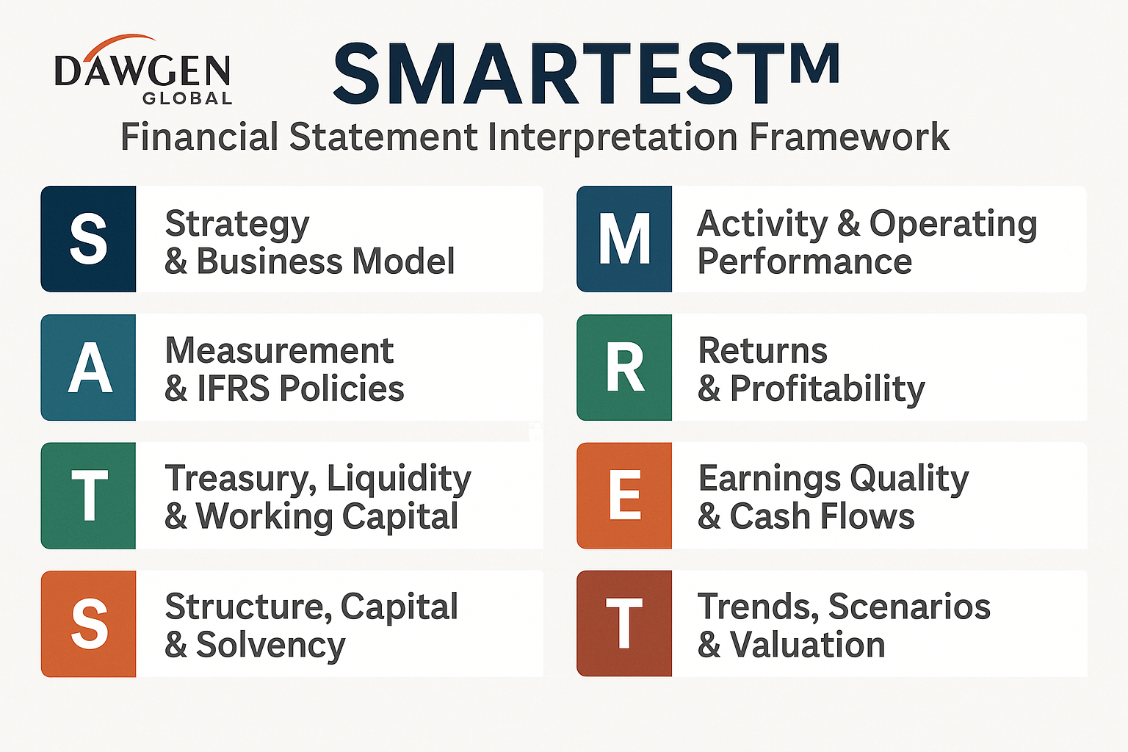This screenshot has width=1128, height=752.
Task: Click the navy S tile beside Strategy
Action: click(x=88, y=239)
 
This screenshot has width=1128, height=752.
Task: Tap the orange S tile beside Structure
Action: click(x=88, y=623)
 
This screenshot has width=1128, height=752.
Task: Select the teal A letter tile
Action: click(x=88, y=367)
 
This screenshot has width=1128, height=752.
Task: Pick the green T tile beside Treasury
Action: click(x=88, y=496)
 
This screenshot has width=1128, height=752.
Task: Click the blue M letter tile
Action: click(x=624, y=239)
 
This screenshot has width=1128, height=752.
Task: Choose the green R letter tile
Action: click(x=624, y=367)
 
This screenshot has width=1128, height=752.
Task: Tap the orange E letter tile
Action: click(x=624, y=496)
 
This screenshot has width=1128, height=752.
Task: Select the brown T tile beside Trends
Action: click(x=624, y=623)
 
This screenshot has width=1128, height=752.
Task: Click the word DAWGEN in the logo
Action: click(x=142, y=70)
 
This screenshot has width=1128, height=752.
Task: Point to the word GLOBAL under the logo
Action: click(x=187, y=98)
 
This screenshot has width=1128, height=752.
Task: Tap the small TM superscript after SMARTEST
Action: click(x=814, y=62)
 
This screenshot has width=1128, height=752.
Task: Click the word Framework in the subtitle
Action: click(x=849, y=137)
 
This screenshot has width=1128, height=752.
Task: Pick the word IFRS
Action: click(x=233, y=388)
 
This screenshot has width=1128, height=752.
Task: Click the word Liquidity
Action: click(x=399, y=479)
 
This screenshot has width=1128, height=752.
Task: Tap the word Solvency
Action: click(x=271, y=646)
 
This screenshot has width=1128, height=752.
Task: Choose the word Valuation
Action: click(x=807, y=644)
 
